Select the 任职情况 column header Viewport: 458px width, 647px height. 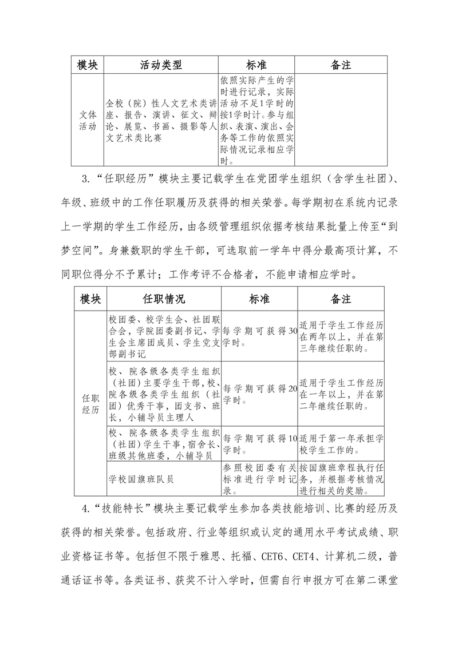[x=164, y=299]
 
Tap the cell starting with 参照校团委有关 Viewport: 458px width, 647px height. [x=259, y=479]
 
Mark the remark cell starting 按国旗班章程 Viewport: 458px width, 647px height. [x=341, y=479]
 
